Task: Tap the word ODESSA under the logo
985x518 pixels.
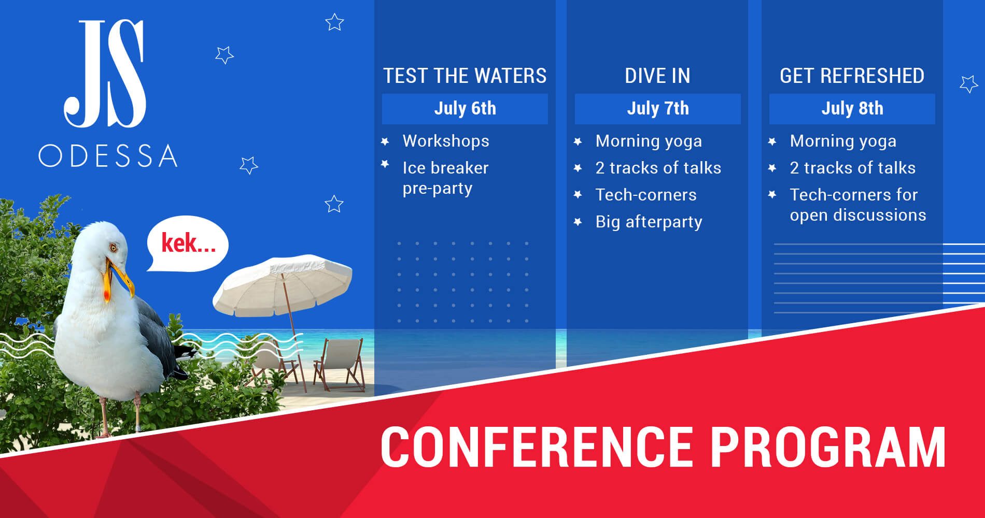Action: coord(108,155)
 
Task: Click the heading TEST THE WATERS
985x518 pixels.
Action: coord(465,76)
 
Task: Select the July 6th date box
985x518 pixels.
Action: coord(465,109)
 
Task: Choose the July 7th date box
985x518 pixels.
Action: coord(658,109)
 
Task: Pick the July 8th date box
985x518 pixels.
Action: coord(852,109)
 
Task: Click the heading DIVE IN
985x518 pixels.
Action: coord(657,76)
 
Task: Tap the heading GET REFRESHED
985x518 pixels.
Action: coord(852,76)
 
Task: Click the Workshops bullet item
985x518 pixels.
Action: coord(446,141)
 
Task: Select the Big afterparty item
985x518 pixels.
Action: coord(649,222)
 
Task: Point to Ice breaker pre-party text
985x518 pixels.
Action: coord(445,178)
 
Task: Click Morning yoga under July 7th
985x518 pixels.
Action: coord(649,141)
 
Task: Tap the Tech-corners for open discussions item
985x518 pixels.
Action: coord(857,205)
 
